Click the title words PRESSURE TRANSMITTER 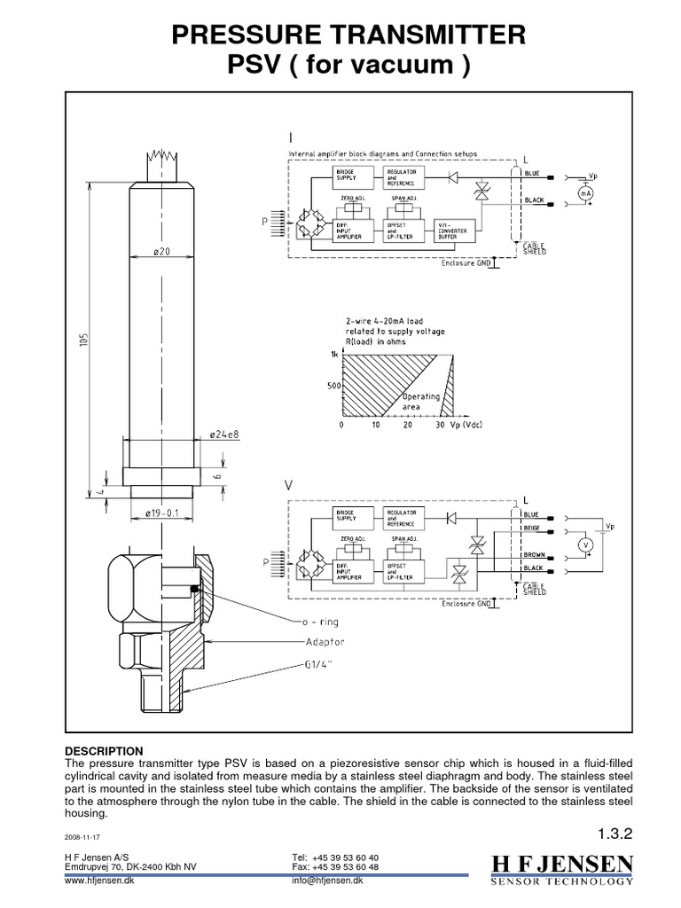340,35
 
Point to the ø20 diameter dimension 161,252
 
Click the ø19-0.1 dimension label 161,513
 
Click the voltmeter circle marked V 585,543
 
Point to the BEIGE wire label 532,529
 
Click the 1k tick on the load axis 334,354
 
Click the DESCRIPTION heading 104,750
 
